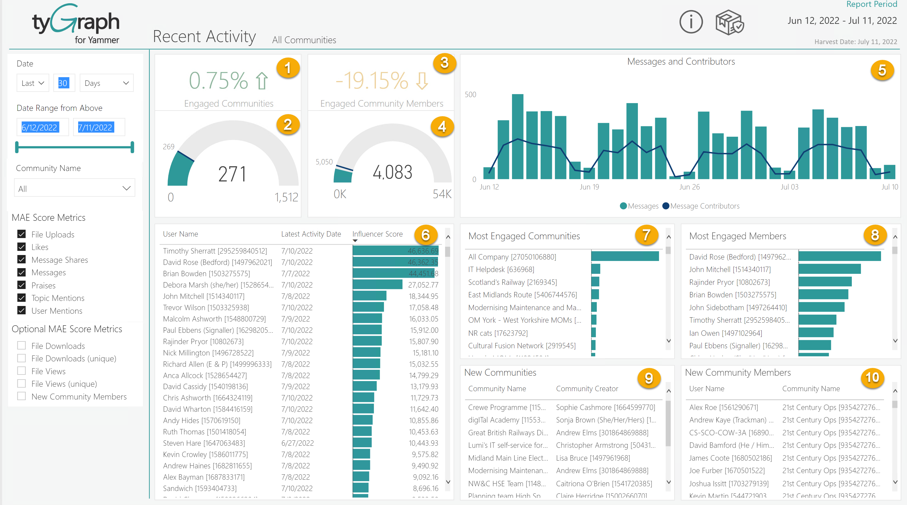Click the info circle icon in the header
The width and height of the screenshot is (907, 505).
tap(691, 22)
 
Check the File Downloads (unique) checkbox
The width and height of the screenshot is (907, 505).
tap(21, 358)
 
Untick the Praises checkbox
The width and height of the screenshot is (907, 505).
tap(21, 285)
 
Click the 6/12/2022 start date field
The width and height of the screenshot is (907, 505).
tap(39, 127)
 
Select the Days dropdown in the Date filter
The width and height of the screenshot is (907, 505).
tap(106, 83)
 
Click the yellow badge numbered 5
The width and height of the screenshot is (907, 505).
tap(882, 70)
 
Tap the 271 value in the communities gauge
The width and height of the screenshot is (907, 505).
tap(232, 174)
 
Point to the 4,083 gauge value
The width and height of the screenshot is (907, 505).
tap(392, 172)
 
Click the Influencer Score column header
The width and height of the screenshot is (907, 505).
tap(377, 234)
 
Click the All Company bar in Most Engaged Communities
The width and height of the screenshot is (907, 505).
tap(625, 256)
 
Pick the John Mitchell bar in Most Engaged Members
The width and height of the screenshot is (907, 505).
tap(829, 269)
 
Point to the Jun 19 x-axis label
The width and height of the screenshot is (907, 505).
tap(589, 187)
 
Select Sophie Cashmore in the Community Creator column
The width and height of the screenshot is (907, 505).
tap(605, 407)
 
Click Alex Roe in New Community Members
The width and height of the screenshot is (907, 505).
tap(723, 407)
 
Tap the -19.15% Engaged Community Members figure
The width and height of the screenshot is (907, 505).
tap(371, 80)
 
